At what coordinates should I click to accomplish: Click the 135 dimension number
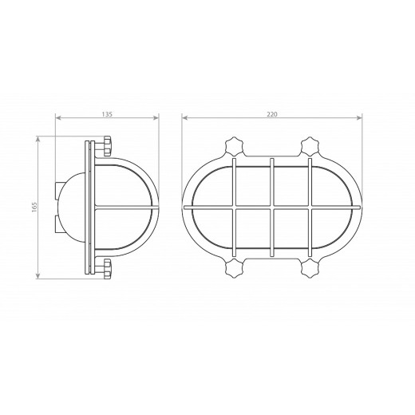pos(107,114)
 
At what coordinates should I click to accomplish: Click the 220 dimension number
pos(272,114)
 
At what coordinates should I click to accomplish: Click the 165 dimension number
pos(34,207)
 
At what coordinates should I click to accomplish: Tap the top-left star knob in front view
pos(235,147)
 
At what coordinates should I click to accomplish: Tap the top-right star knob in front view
pos(310,147)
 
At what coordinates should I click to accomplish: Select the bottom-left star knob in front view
pos(235,268)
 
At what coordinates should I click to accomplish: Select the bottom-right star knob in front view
pos(310,268)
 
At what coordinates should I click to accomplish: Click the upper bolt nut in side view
pos(108,146)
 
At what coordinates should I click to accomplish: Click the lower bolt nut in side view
pos(108,269)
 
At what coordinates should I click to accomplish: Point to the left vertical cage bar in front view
pos(234,207)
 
